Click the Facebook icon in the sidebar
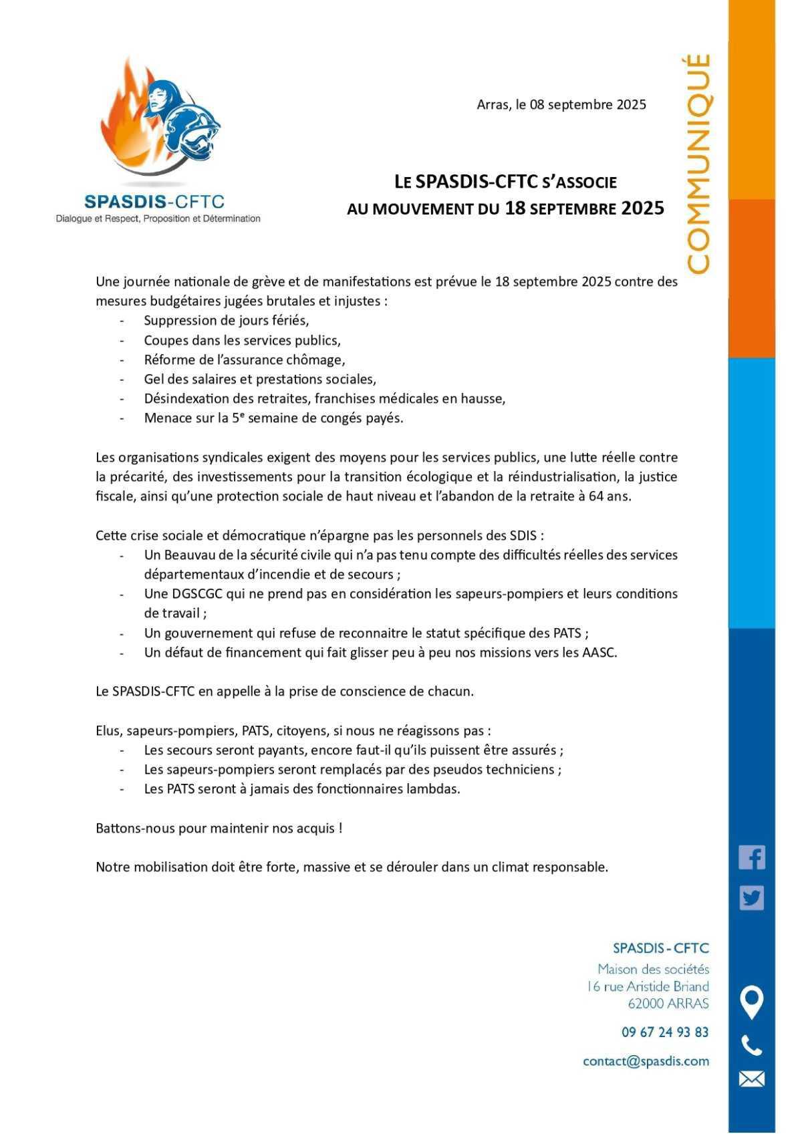[752, 857]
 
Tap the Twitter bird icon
[752, 898]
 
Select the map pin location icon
[752, 1003]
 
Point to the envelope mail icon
[752, 1079]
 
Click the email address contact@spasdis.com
[646, 1061]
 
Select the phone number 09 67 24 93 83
[665, 1032]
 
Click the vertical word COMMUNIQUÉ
[698, 164]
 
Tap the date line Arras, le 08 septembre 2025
[561, 104]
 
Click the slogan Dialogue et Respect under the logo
[158, 219]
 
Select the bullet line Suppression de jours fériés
[227, 320]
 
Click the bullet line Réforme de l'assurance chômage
[245, 360]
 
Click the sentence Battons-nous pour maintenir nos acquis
[219, 828]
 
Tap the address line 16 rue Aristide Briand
[648, 986]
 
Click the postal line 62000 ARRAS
[668, 1003]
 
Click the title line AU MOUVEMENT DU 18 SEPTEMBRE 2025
[505, 208]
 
